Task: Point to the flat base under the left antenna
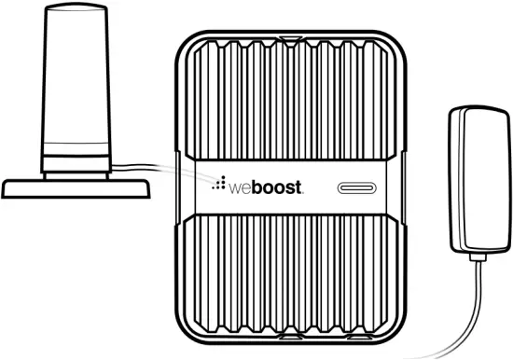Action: click(x=76, y=187)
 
